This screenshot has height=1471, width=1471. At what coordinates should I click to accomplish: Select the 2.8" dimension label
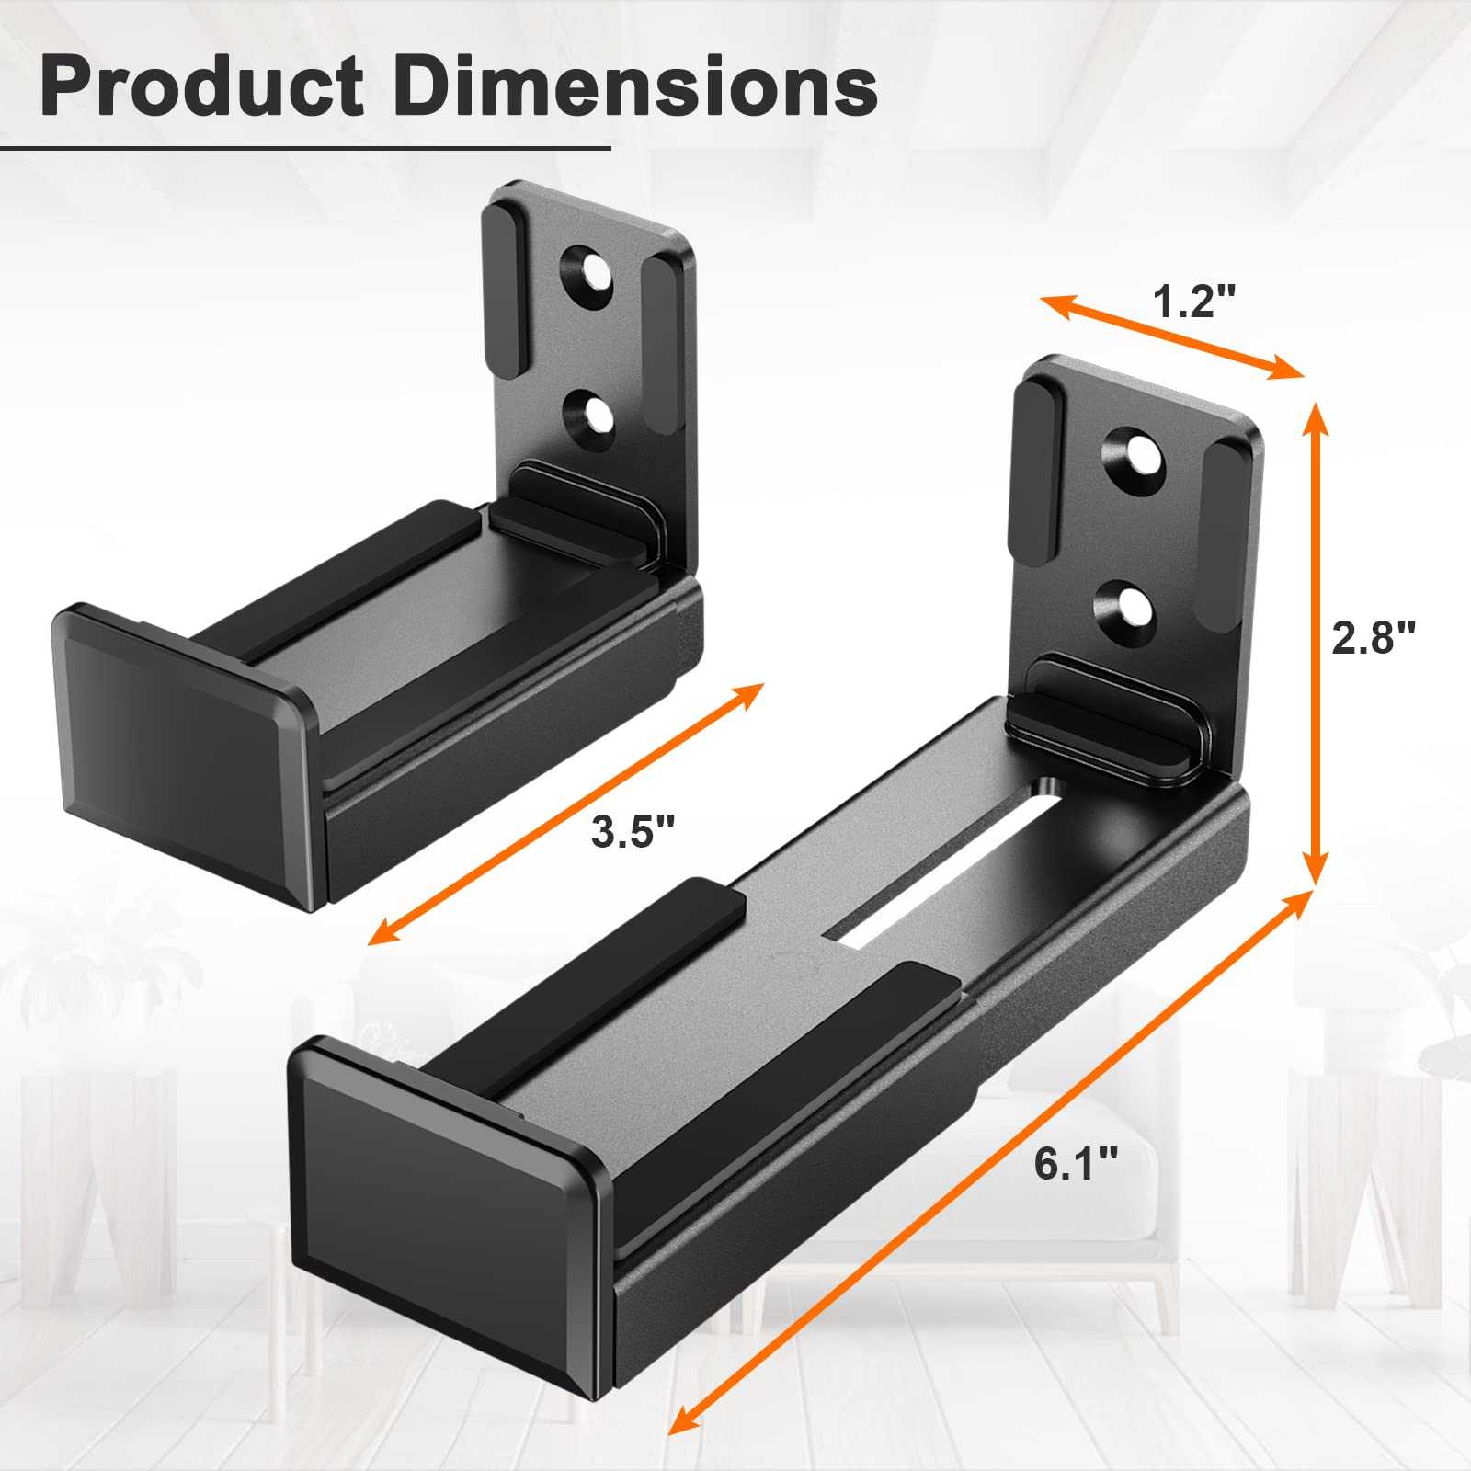pos(1374,637)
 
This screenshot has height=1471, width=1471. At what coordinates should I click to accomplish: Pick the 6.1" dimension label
pos(1076,1164)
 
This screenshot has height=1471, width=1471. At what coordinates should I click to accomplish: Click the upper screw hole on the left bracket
pos(591,275)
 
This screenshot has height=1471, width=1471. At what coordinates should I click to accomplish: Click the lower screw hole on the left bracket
pos(591,411)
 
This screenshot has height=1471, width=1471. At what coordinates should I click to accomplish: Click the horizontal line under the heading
pos(303,147)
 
